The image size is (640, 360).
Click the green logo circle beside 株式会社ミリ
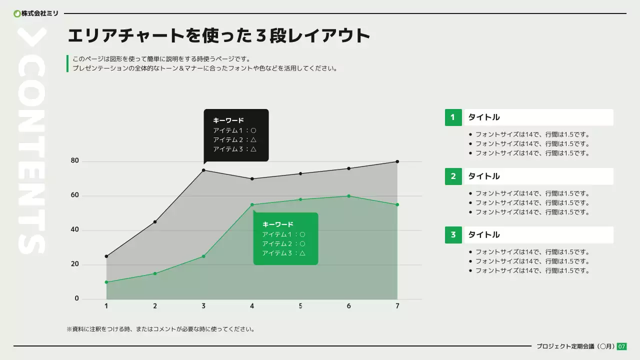pyautogui.click(x=17, y=13)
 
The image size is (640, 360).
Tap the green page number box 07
pyautogui.click(x=621, y=346)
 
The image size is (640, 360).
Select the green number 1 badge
pyautogui.click(x=453, y=117)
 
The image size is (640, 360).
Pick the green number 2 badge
pyautogui.click(x=453, y=176)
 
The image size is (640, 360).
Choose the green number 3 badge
pyautogui.click(x=453, y=235)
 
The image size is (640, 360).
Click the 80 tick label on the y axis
pyautogui.click(x=75, y=161)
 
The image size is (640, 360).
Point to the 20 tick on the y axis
pyautogui.click(x=75, y=264)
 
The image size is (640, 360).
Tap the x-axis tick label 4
pyautogui.click(x=252, y=306)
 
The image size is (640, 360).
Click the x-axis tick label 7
pyautogui.click(x=397, y=306)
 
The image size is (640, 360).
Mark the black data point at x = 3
pyautogui.click(x=203, y=170)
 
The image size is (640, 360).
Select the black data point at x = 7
pyautogui.click(x=397, y=161)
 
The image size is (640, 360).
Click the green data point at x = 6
pyautogui.click(x=349, y=196)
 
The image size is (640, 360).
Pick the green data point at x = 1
pyautogui.click(x=106, y=282)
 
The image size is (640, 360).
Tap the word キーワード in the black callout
pyautogui.click(x=228, y=120)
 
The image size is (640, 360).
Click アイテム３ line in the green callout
pyautogui.click(x=283, y=253)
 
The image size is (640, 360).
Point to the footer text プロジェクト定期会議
pyautogui.click(x=565, y=346)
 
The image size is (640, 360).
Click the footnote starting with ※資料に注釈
pyautogui.click(x=160, y=329)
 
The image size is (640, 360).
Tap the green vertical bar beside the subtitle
pyautogui.click(x=67, y=63)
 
